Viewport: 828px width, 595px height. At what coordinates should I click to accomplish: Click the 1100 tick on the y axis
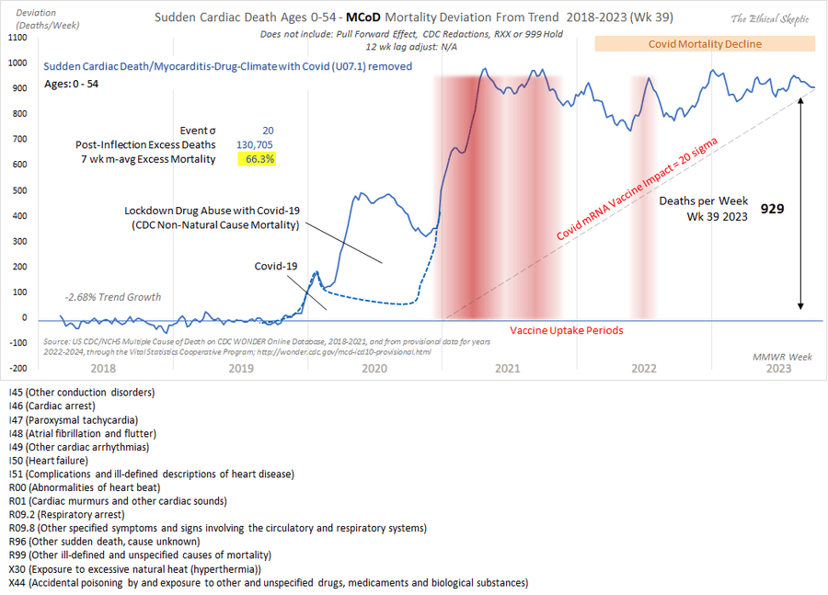coord(18,38)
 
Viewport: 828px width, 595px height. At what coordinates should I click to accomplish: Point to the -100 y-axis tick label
coord(18,343)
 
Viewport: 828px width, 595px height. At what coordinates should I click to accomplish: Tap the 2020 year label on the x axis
coord(374,368)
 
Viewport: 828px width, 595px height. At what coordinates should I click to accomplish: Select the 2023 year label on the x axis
coord(777,368)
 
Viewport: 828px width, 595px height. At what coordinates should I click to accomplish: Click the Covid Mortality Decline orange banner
coord(705,43)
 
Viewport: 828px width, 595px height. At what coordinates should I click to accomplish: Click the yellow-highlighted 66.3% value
coord(256,159)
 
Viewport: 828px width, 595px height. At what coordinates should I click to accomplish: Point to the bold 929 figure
coord(771,209)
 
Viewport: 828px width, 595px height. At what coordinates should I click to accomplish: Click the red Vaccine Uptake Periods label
coord(567,330)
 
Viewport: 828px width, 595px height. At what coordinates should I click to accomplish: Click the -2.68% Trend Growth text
coord(113,297)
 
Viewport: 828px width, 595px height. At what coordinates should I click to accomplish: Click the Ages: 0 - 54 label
coord(76,85)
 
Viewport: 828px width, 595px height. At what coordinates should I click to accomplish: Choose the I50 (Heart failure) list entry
coord(48,460)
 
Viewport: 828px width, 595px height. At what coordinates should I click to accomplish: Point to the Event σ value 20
coord(267,131)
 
